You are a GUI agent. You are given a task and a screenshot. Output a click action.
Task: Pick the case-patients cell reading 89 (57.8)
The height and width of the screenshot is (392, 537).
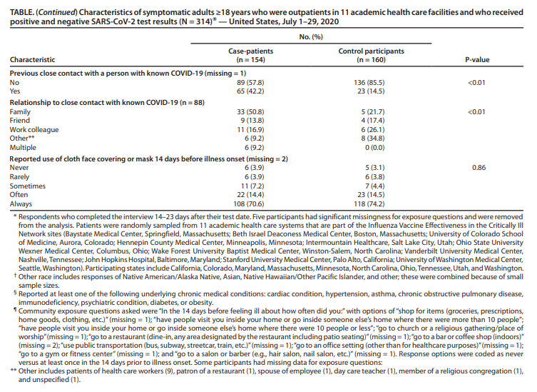pos(245,82)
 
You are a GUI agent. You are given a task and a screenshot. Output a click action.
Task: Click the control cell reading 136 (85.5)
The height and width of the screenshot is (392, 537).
pos(371,82)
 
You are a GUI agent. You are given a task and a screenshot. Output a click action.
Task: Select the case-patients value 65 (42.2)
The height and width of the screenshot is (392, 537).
pos(245,91)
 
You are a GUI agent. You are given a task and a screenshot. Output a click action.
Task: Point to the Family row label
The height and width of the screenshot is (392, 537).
pos(20,112)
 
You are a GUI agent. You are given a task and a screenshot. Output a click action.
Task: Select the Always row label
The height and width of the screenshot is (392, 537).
pos(21,203)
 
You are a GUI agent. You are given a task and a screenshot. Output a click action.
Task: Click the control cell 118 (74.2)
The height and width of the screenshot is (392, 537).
pos(371,203)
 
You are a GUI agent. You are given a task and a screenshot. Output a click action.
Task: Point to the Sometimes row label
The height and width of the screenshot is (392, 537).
pos(28,185)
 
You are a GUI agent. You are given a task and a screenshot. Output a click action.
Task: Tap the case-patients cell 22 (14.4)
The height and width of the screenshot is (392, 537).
pos(245,194)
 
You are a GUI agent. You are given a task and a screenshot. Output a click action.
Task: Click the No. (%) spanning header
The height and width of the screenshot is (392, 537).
pos(308,36)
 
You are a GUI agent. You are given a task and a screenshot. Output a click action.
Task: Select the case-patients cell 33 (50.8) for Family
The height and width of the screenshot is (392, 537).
pos(245,112)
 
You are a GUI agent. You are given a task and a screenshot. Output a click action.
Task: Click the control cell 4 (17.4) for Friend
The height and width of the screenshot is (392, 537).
pos(371,121)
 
